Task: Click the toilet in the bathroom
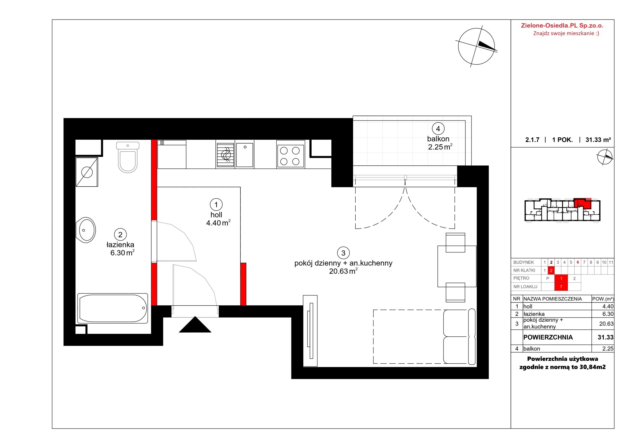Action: [128, 157]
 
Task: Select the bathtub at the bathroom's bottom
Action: [113, 308]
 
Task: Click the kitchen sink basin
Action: [245, 155]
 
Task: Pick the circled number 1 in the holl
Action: [216, 204]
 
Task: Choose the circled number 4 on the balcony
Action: [438, 129]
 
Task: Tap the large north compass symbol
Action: [476, 46]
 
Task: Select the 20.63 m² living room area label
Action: [343, 271]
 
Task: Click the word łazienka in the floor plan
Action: [120, 245]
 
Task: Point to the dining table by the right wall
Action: [457, 266]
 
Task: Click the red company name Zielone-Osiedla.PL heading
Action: [562, 26]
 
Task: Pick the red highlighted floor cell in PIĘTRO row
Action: [561, 278]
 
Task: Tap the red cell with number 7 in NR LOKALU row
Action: [561, 287]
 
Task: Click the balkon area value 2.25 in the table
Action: [608, 349]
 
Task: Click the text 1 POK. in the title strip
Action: [562, 140]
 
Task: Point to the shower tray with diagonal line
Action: [87, 172]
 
